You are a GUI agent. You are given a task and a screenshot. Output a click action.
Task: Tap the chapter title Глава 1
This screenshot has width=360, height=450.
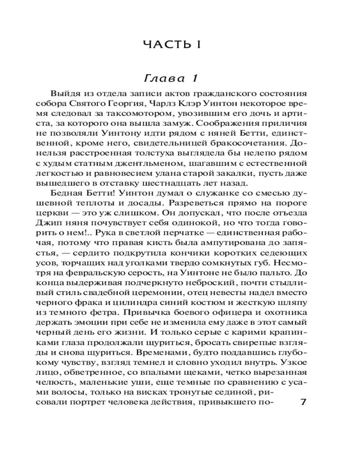click(171, 79)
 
